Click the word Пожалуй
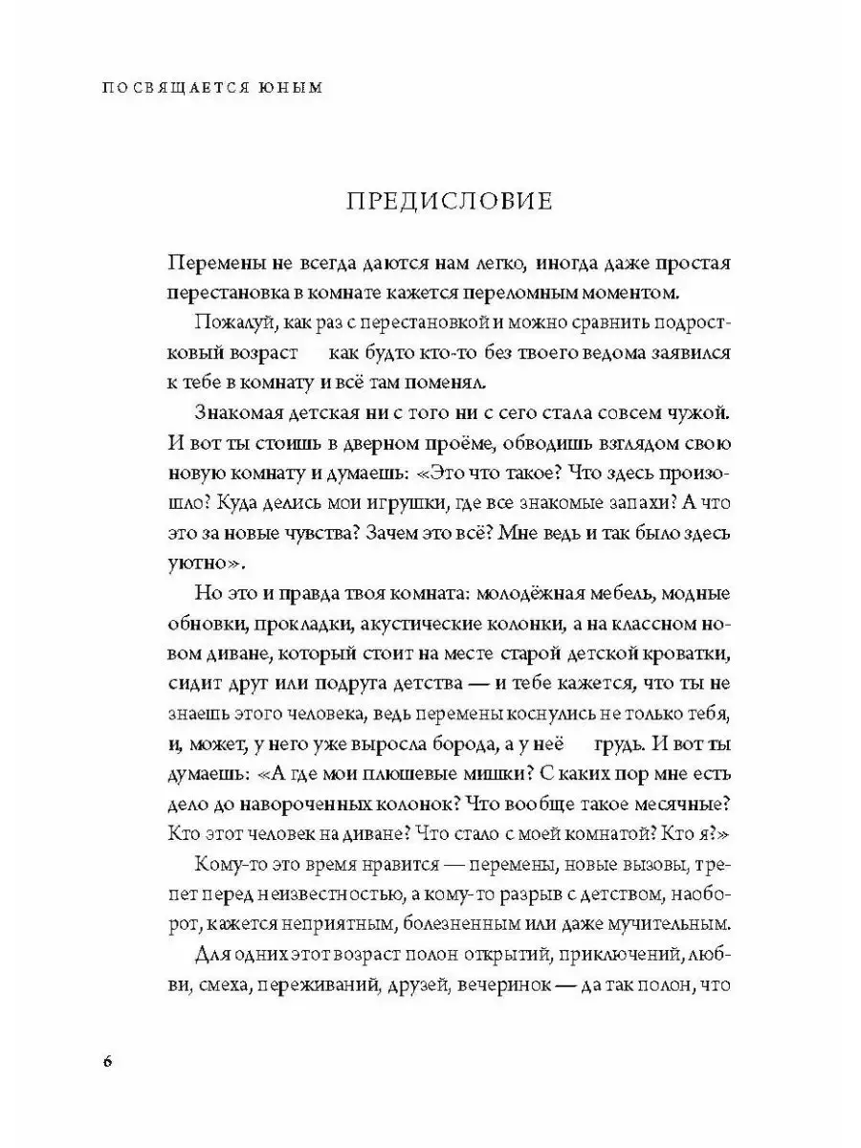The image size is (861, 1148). click(227, 322)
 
